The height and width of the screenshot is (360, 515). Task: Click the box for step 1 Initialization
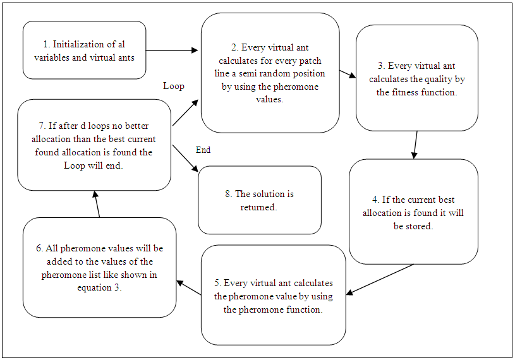(84, 50)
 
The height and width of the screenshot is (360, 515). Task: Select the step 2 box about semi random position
(270, 73)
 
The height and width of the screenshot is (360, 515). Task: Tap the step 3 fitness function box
(416, 78)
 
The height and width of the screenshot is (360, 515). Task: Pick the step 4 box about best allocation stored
(413, 212)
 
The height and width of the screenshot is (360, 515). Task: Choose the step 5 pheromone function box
(273, 295)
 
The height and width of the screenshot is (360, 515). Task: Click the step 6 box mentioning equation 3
(99, 267)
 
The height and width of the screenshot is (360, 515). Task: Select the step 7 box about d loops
(94, 145)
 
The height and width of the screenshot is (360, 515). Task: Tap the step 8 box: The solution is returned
(259, 200)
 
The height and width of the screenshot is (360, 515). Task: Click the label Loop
(174, 86)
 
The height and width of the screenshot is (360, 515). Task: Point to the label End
(203, 150)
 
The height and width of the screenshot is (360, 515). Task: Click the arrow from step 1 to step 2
(173, 50)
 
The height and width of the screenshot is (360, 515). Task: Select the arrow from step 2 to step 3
(347, 75)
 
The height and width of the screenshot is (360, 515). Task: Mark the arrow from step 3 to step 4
(415, 145)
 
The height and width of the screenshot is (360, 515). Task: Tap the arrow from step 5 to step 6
(188, 287)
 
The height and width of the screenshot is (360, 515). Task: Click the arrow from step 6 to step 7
(97, 205)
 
